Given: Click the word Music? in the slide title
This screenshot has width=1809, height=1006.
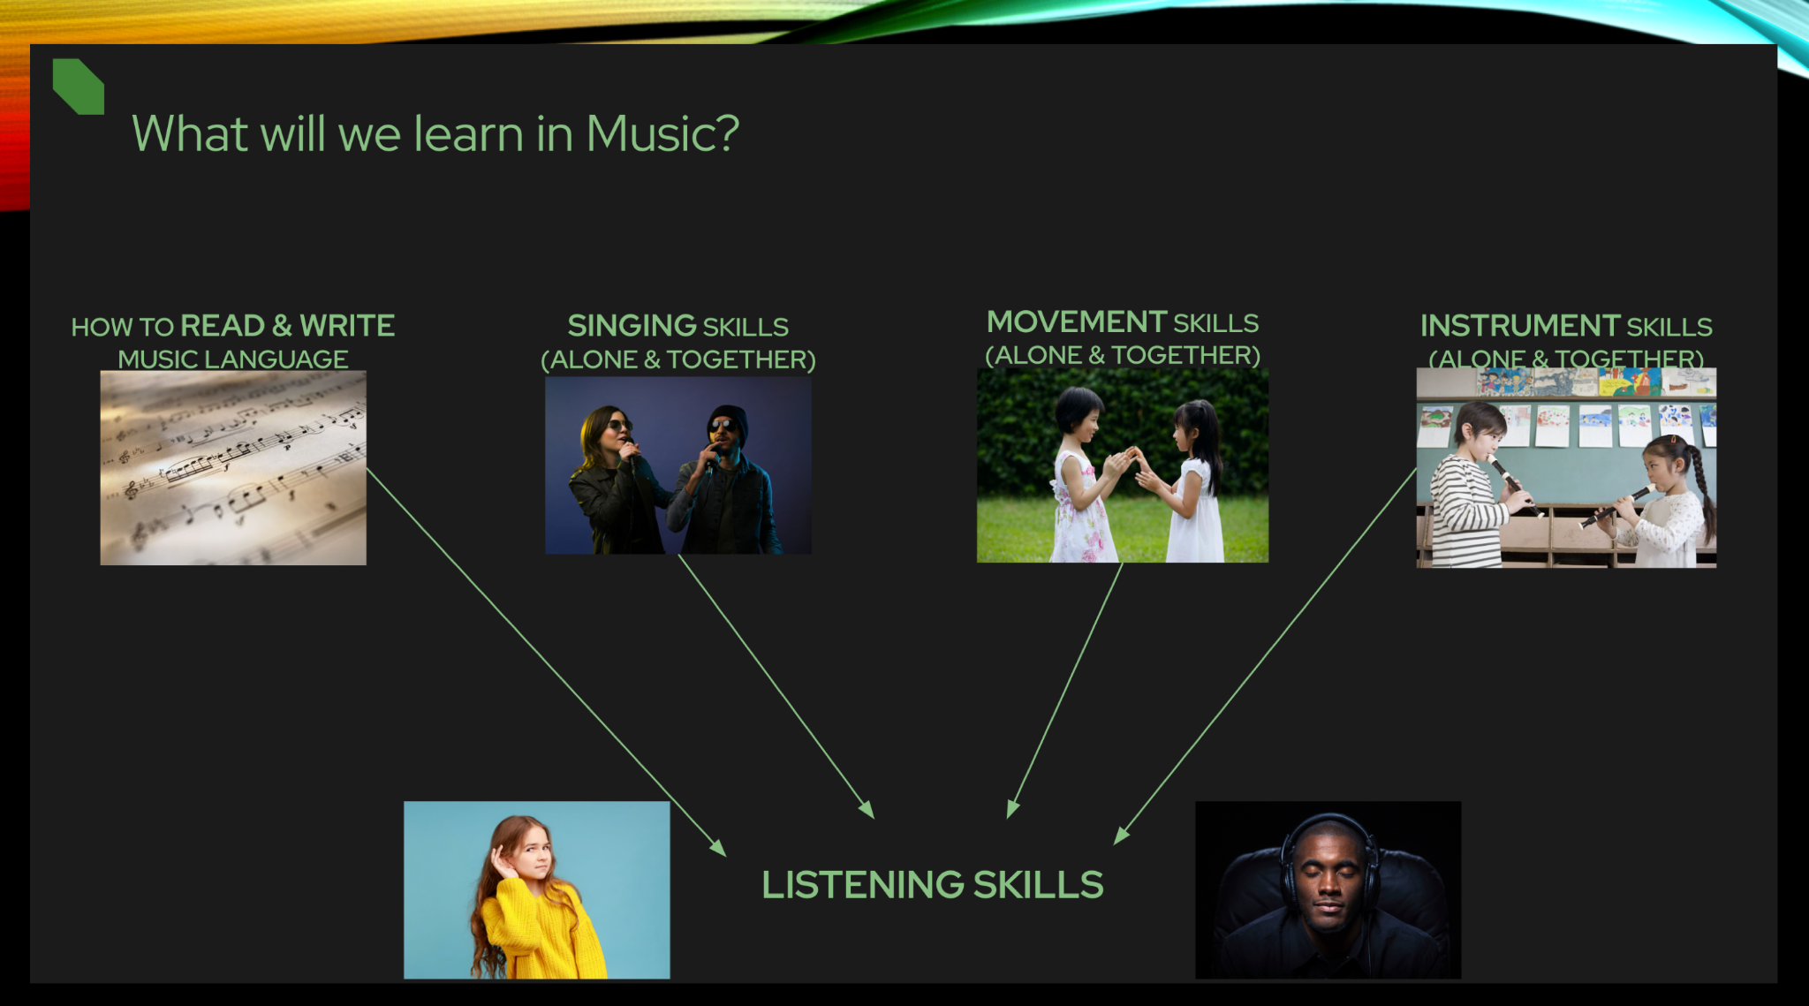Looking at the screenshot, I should pyautogui.click(x=662, y=134).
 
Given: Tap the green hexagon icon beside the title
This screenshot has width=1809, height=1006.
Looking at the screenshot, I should pyautogui.click(x=78, y=87).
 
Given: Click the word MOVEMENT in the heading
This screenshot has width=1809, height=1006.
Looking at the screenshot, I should pyautogui.click(x=1077, y=321).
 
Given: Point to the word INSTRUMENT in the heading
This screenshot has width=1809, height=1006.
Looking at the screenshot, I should pyautogui.click(x=1519, y=326).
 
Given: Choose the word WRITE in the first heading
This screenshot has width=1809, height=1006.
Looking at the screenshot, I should pyautogui.click(x=347, y=326).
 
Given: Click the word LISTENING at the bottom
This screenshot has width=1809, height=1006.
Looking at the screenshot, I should pyautogui.click(x=862, y=885).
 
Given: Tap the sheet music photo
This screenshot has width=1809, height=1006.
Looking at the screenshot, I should pyautogui.click(x=233, y=467).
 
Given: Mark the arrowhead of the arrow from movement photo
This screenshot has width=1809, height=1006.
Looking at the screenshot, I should pyautogui.click(x=1011, y=809).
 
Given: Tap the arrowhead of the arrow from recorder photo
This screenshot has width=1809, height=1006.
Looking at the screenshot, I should pyautogui.click(x=1120, y=836).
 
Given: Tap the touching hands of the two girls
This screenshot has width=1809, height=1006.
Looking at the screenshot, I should pyautogui.click(x=1131, y=458).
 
